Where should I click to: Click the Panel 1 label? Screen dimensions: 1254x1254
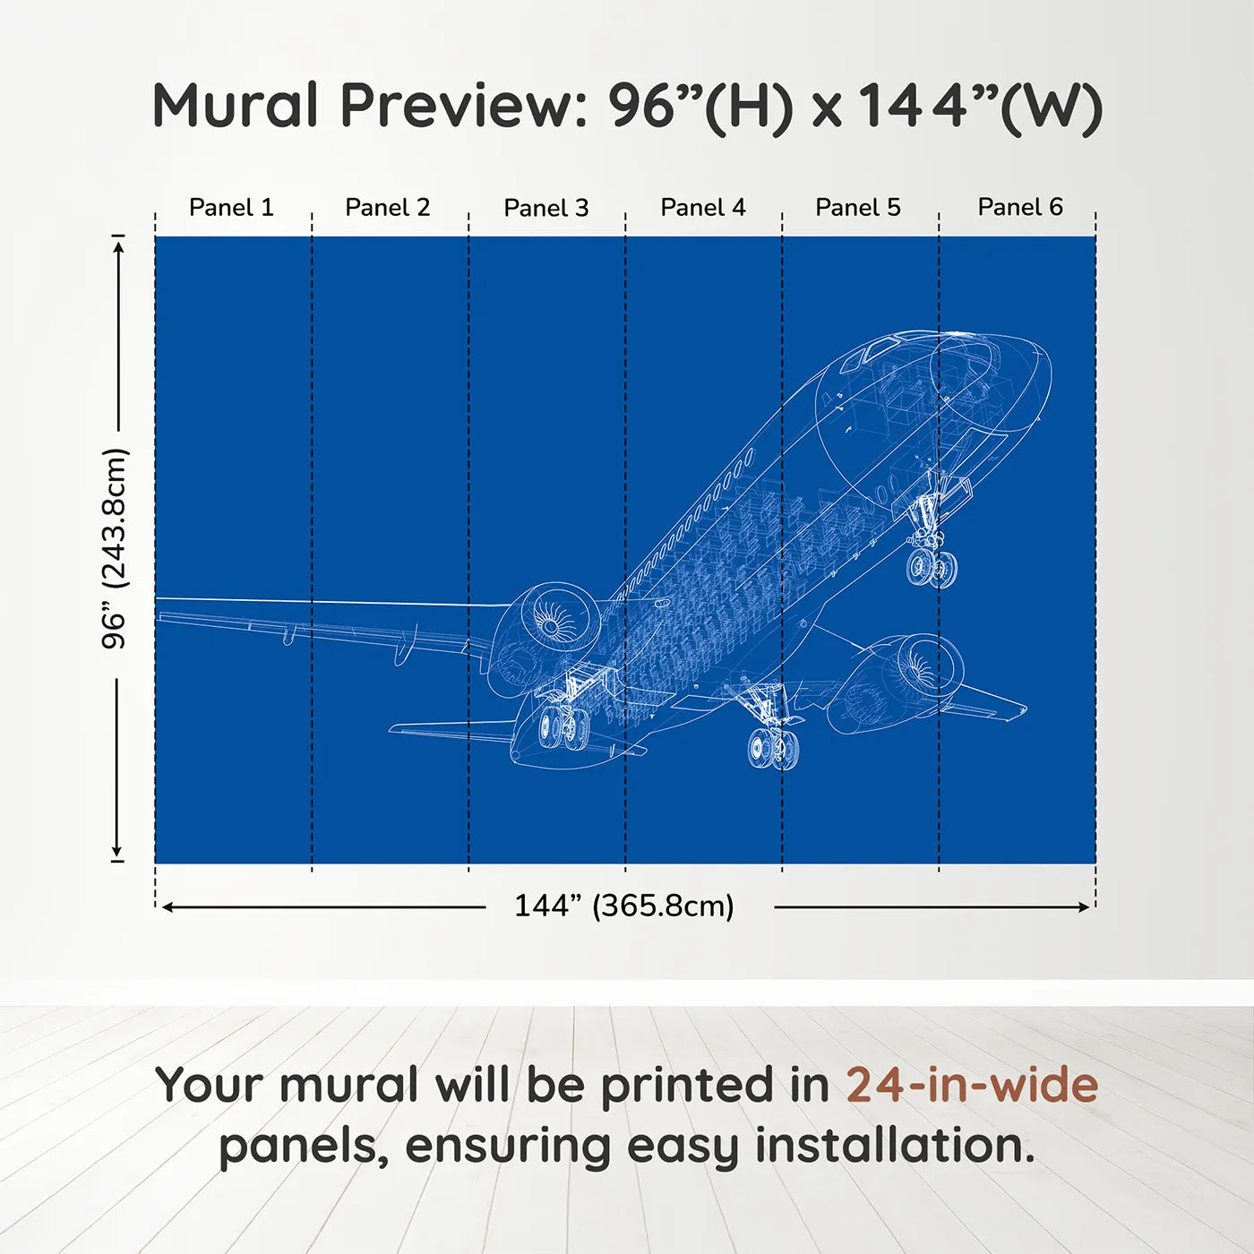[x=231, y=208]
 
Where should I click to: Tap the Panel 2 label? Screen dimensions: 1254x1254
[x=387, y=208]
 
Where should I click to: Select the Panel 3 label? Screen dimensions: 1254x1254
[x=546, y=208]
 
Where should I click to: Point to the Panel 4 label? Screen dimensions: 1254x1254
[x=703, y=208]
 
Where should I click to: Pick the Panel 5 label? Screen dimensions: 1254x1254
[x=858, y=208]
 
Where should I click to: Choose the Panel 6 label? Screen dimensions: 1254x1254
[x=1019, y=207]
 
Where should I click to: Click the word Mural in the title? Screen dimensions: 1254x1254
[x=235, y=105]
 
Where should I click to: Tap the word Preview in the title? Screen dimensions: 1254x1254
[x=465, y=106]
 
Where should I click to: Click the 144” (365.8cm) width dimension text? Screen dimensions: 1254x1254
[x=624, y=906]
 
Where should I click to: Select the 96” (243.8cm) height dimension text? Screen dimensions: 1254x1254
[x=115, y=548]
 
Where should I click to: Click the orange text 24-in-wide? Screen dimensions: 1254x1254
[x=972, y=1085]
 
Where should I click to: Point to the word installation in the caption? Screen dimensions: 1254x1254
[x=895, y=1146]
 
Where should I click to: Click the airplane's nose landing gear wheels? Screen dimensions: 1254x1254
[x=932, y=568]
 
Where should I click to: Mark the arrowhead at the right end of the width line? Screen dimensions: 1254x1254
[x=1084, y=907]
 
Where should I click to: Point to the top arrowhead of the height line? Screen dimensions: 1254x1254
[x=118, y=247]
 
